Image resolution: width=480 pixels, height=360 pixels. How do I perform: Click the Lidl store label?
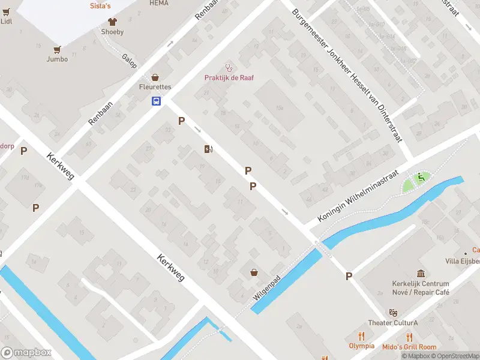coord(6,21)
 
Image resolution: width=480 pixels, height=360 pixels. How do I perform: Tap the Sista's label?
coord(100,5)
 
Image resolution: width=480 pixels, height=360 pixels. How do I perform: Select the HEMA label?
coord(159,3)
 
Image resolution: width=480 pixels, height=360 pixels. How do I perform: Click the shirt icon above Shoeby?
coord(112,20)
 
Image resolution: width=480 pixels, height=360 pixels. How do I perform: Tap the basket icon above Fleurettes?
coord(155,77)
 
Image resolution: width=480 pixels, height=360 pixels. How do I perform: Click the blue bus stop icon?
coord(156,101)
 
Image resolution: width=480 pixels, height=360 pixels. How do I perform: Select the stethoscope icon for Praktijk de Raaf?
coord(227,67)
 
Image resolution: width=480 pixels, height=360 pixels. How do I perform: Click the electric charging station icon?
coord(208,149)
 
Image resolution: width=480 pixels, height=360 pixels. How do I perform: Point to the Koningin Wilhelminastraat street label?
coord(358,195)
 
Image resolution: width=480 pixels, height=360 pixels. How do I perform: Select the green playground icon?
coord(421,177)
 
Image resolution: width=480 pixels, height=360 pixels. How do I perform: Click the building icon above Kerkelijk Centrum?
coord(421,273)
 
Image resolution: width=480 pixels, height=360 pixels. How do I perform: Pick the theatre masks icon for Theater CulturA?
coord(393,313)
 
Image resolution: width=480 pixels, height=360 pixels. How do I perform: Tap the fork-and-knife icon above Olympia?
coord(361,336)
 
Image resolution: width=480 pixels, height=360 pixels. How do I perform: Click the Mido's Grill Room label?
coord(409,347)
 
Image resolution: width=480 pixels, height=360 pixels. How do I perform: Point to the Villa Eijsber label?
coord(461,261)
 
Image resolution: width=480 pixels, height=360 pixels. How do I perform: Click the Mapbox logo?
coord(26,353)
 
